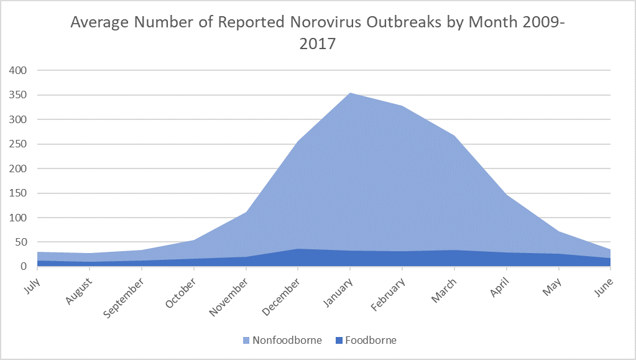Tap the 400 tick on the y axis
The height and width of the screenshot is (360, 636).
[x=18, y=70]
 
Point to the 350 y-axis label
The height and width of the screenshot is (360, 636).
[x=18, y=95]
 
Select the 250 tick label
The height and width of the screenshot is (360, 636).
[x=18, y=144]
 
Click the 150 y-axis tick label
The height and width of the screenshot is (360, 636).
[x=18, y=193]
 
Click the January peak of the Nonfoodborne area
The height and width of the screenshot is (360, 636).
[x=351, y=93]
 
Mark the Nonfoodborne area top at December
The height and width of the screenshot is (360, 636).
[x=298, y=141]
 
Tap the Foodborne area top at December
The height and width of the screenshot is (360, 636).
[x=298, y=249]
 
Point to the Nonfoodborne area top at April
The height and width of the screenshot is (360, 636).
[x=507, y=195]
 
